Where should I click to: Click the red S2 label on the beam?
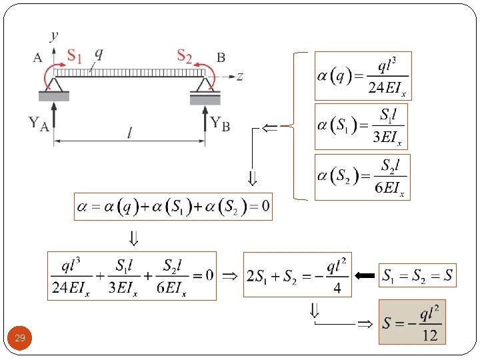(184, 55)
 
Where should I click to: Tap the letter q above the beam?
(99, 52)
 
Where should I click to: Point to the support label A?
(38, 57)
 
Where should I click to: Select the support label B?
(221, 57)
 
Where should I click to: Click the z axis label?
(239, 76)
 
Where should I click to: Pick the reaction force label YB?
(220, 123)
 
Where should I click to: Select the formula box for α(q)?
(363, 76)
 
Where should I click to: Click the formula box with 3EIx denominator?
(360, 127)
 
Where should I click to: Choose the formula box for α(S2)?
(361, 177)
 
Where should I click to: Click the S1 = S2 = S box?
(419, 275)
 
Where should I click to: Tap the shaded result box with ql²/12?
(411, 322)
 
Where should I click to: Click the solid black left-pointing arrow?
(365, 275)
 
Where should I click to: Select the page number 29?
(20, 339)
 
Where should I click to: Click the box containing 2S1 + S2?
(297, 275)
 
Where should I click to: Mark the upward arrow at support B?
(205, 117)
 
